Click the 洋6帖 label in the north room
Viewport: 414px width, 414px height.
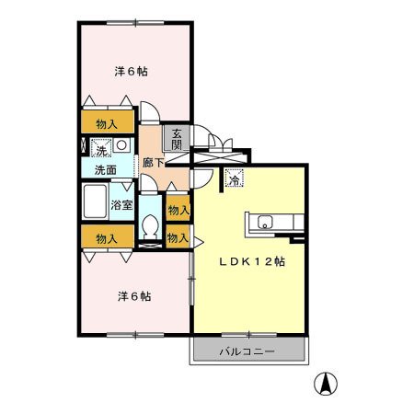pos(132,72)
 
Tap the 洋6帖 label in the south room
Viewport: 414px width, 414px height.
pos(133,296)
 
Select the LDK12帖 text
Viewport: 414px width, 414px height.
pos(251,261)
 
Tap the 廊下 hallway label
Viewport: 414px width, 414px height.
pos(153,163)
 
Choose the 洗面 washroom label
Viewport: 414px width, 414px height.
pos(104,170)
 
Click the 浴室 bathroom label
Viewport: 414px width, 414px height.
pos(122,204)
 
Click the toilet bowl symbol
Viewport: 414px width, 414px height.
pos(151,226)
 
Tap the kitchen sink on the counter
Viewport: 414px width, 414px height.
pos(264,222)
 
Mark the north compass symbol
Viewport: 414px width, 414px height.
pos(327,383)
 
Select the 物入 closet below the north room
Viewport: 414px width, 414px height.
pos(106,123)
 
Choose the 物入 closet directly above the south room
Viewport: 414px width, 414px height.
pos(107,237)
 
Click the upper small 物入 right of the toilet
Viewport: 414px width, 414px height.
pos(178,210)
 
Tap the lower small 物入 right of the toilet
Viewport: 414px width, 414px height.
pos(178,237)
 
